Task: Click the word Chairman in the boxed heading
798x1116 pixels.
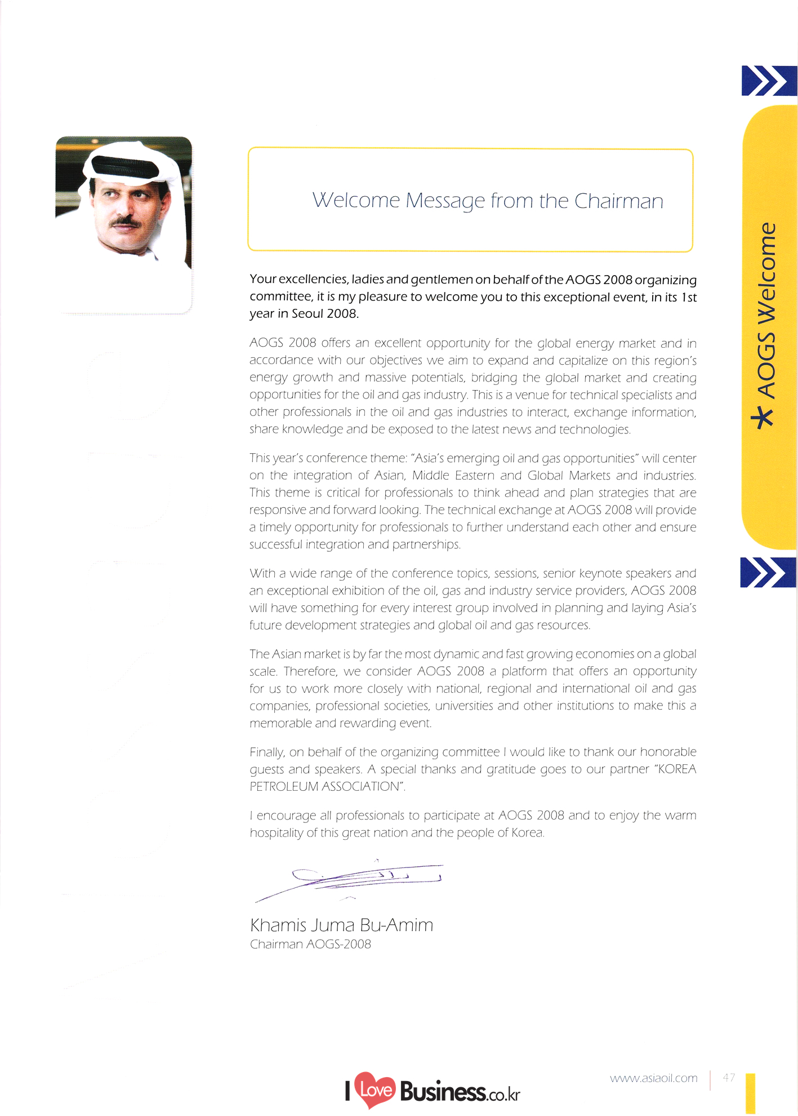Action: (618, 201)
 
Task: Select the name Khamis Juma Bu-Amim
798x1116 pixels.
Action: (341, 925)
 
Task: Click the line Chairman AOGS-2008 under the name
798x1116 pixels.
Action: (310, 944)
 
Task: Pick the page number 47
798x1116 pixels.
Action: (729, 1077)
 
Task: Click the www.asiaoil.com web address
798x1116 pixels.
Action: (653, 1078)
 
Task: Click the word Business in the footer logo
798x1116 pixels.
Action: (443, 1092)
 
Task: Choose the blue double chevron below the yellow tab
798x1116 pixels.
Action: (766, 572)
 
